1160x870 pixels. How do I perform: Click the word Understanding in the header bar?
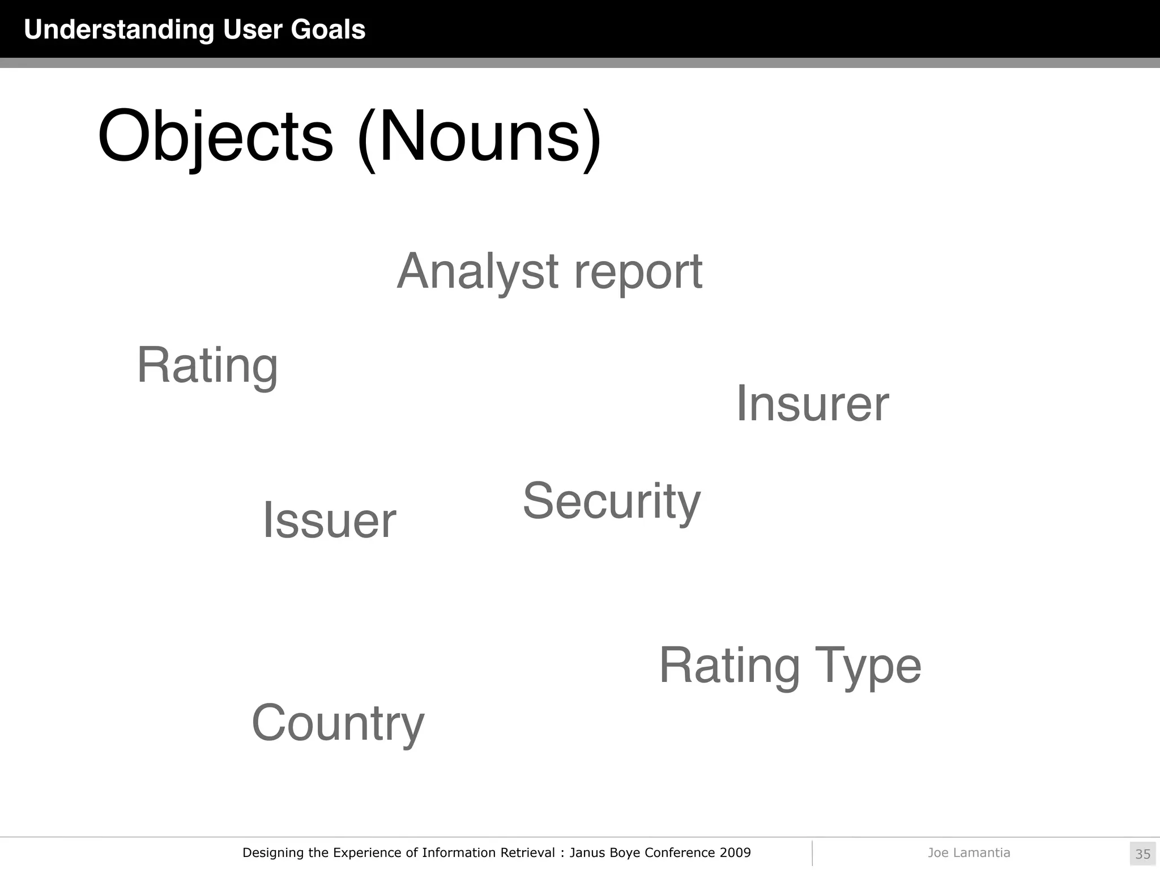(119, 29)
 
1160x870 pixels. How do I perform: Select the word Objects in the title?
(215, 137)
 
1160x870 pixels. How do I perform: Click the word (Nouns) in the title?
(479, 137)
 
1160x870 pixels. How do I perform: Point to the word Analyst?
(478, 272)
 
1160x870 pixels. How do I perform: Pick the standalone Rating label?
(207, 366)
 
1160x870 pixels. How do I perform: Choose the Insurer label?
(812, 403)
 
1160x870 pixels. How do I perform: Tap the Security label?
(611, 501)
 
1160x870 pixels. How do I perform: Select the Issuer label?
(329, 520)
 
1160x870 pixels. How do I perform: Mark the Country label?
(338, 723)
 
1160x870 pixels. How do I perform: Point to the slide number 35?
(1142, 854)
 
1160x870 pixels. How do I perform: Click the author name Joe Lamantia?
(969, 852)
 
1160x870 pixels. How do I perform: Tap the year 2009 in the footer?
(735, 852)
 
